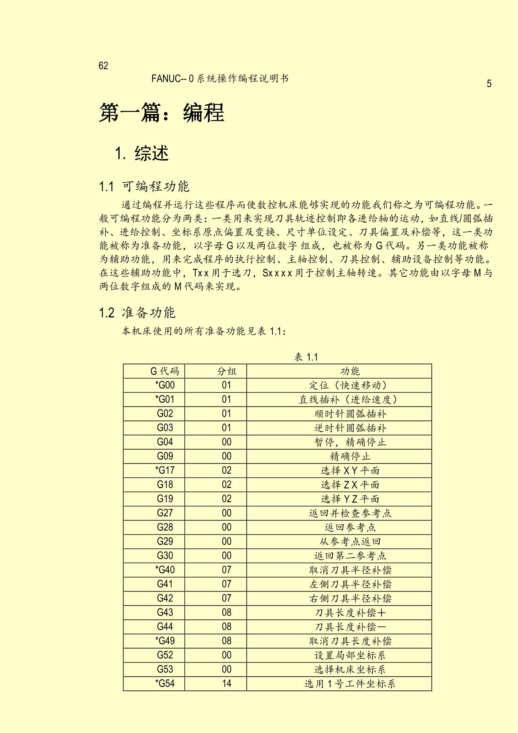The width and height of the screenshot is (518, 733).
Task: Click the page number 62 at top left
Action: [104, 66]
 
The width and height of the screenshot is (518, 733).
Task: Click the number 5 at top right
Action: [489, 84]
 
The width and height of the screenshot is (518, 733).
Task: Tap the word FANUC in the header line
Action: [166, 79]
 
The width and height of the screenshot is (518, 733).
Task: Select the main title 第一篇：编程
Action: [161, 113]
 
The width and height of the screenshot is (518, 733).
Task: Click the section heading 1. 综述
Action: [142, 153]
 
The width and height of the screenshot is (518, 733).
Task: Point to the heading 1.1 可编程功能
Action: [144, 186]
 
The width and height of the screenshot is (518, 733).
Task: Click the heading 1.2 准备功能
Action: [137, 313]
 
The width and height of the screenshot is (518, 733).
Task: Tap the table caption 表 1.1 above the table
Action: [306, 357]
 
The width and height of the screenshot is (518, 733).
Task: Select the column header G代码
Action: [164, 371]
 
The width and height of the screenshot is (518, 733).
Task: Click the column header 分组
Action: [227, 371]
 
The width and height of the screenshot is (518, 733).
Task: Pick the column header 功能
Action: [350, 371]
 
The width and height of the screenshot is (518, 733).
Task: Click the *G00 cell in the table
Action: [164, 385]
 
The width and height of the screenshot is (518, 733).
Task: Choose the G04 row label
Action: [165, 442]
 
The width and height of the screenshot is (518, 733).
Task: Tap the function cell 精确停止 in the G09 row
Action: [350, 456]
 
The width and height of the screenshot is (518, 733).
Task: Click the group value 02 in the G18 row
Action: [227, 484]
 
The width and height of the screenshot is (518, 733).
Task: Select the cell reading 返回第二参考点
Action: [350, 556]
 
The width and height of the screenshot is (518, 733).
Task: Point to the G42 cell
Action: [165, 599]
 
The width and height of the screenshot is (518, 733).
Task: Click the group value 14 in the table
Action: [227, 683]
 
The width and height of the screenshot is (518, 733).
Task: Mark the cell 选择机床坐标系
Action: [350, 669]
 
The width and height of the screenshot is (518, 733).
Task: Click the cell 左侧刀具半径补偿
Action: [350, 584]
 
